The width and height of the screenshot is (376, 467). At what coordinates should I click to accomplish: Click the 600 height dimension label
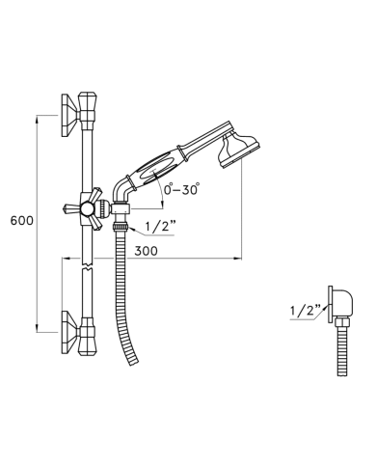(22, 221)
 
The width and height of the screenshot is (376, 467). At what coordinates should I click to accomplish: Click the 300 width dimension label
(147, 251)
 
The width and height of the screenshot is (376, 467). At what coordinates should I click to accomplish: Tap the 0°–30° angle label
(181, 189)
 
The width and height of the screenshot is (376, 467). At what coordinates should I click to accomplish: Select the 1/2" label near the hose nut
(160, 227)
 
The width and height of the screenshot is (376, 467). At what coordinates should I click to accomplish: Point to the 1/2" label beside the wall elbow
(306, 311)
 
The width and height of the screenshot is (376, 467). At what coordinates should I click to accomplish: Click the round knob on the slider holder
(87, 209)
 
